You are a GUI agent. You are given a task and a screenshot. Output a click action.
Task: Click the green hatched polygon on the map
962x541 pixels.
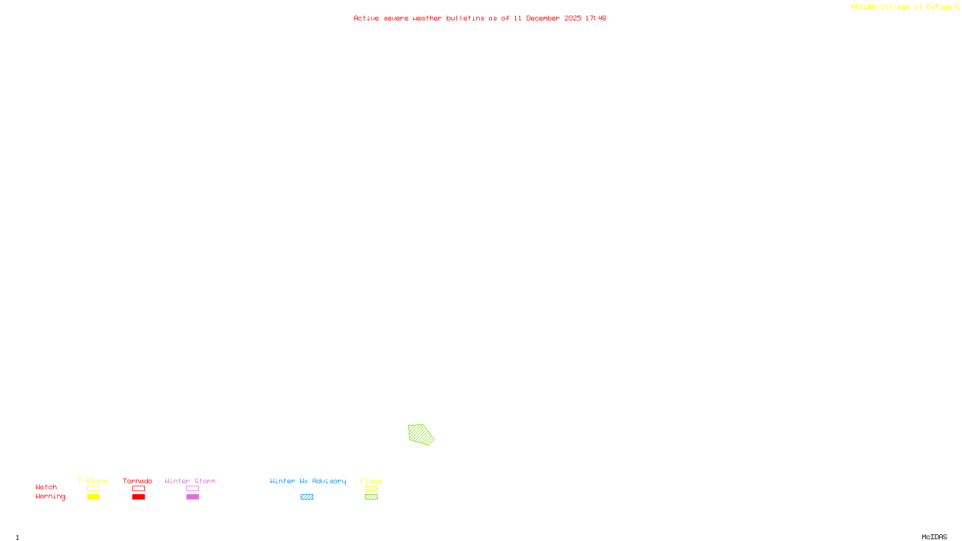point(421,434)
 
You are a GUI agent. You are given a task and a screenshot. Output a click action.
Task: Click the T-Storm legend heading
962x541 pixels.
point(93,481)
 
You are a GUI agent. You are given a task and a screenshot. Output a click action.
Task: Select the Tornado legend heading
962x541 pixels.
point(138,481)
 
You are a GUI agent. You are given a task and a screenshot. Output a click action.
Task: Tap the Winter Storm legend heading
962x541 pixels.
point(190,481)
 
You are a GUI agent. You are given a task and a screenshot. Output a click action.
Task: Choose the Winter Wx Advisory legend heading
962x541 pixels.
point(308,481)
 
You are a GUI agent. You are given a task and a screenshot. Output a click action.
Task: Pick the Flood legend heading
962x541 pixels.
point(371,481)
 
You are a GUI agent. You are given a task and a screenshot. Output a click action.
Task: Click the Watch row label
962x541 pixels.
point(46,487)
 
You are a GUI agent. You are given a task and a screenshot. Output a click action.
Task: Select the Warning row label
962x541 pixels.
point(51,497)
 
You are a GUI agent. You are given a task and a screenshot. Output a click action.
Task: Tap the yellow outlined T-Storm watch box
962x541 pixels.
point(93,489)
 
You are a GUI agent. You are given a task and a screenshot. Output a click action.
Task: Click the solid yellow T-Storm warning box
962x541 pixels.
point(93,497)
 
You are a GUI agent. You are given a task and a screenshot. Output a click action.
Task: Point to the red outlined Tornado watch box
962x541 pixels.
point(138,489)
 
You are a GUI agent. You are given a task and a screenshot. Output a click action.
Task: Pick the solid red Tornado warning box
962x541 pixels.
point(138,497)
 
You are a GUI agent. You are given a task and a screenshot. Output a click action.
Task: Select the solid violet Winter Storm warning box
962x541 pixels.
point(192,497)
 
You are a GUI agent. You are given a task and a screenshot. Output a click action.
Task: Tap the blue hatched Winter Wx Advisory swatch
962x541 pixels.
point(307,497)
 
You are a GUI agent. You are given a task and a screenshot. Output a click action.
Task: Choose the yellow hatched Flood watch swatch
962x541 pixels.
point(371,489)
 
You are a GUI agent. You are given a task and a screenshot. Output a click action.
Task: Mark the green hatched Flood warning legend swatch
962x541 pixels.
point(371,497)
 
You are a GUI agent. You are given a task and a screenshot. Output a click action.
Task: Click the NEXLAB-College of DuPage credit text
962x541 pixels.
point(901,7)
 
